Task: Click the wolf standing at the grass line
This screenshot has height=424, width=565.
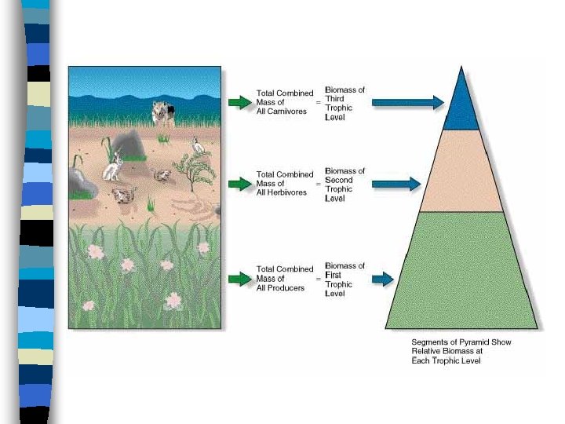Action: (x=165, y=114)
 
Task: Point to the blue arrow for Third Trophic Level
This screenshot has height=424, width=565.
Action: (x=407, y=102)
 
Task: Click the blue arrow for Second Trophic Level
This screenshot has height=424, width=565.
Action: (x=396, y=185)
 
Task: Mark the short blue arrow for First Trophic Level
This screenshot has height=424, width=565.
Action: (x=382, y=279)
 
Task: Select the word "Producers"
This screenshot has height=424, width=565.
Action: (x=286, y=287)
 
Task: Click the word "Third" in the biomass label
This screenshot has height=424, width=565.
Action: (x=334, y=99)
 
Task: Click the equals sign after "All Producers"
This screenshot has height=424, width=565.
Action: (x=318, y=279)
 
